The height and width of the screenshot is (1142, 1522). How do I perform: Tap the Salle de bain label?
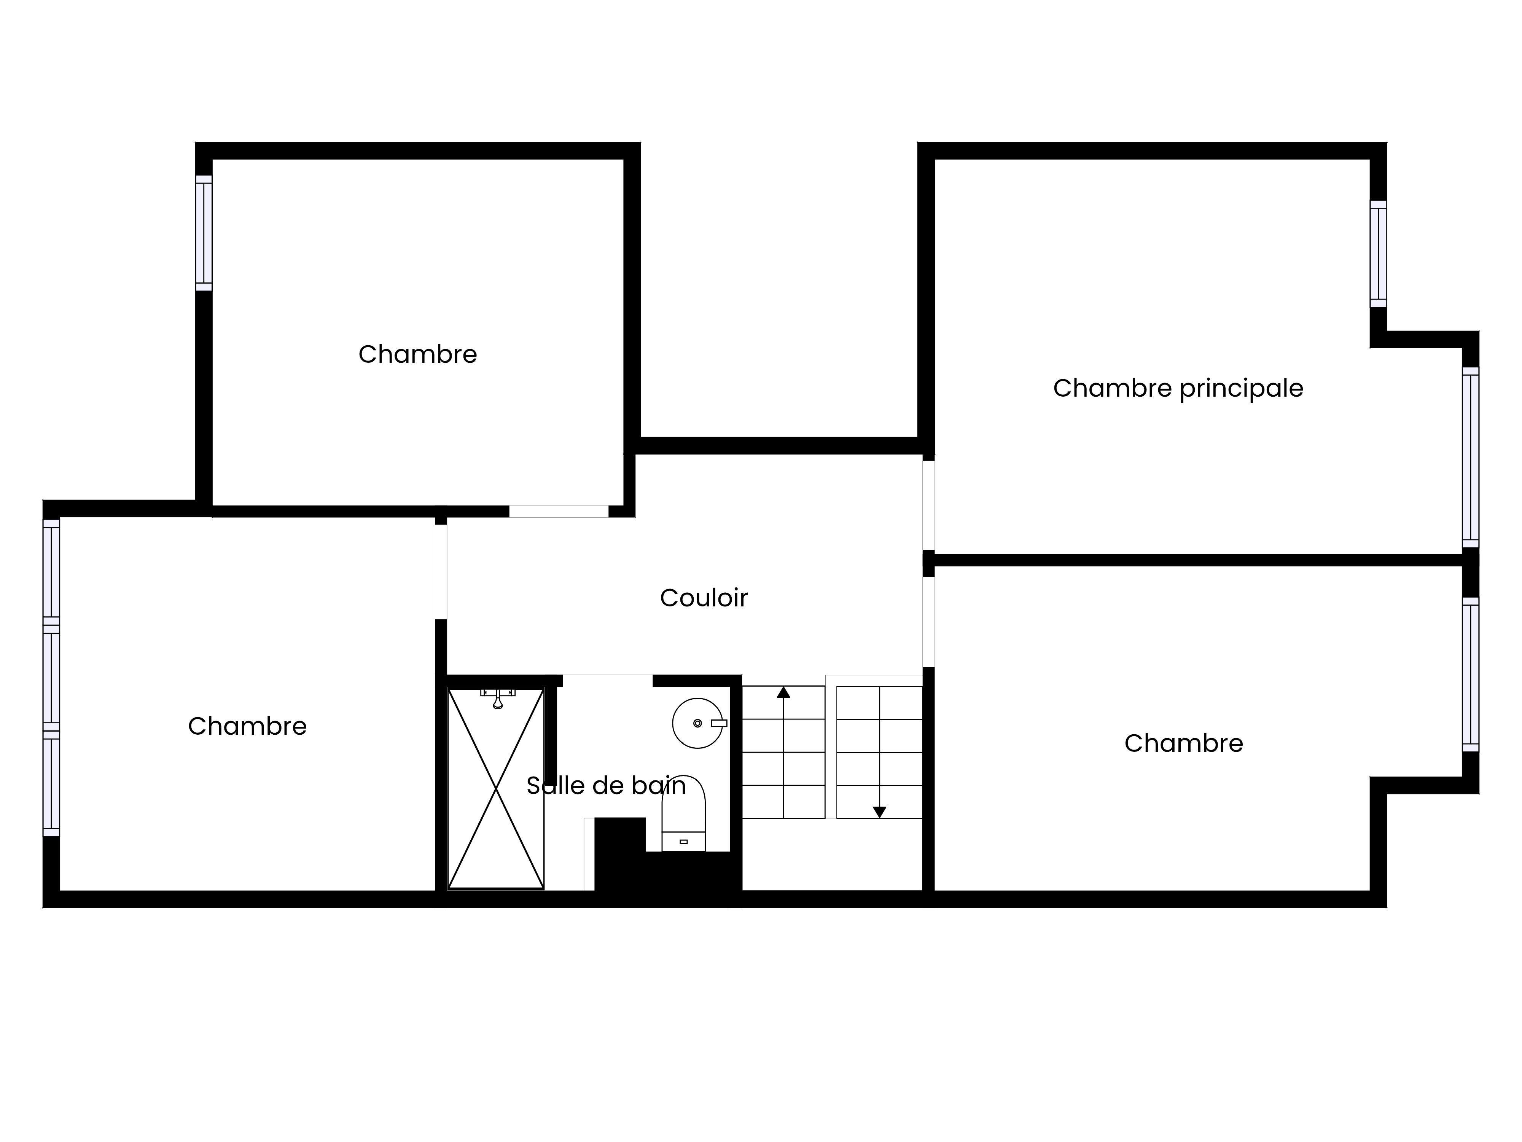point(606,785)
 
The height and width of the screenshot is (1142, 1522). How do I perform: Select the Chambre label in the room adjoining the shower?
point(247,726)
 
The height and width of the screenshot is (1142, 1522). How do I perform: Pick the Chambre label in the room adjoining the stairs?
point(1183,743)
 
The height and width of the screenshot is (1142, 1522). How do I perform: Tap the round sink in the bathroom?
point(698,723)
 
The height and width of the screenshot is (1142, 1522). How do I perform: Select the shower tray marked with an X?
point(496,788)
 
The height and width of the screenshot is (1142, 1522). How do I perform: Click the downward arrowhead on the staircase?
point(879,812)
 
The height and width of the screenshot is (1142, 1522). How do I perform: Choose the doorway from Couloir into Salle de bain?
point(608,681)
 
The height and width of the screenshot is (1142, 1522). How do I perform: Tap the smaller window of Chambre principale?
point(1378,254)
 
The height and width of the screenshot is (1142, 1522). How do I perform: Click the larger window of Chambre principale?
point(1470,457)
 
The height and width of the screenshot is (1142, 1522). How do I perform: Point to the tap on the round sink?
point(719,723)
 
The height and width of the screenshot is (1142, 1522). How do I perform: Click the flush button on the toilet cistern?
point(683,841)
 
